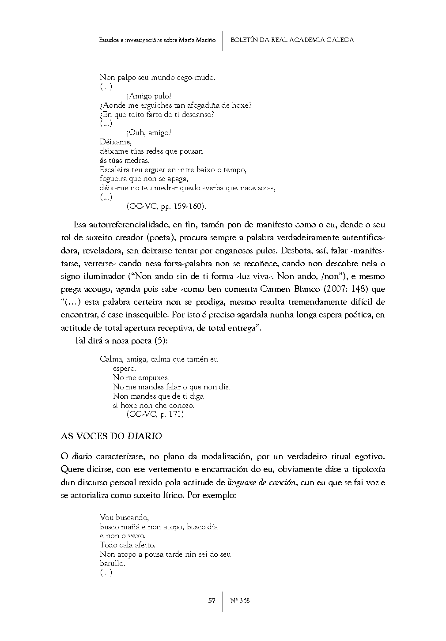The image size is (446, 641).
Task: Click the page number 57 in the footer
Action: (212, 600)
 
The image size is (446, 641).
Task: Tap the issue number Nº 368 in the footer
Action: (240, 600)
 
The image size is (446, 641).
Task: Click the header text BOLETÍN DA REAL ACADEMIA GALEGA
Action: (292, 40)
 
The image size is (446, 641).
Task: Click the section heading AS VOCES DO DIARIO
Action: (111, 436)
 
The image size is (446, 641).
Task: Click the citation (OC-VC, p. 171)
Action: (155, 414)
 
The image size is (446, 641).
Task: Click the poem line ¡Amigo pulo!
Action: (149, 96)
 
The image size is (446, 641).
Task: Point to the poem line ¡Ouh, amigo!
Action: (149, 132)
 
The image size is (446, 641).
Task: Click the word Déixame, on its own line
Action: (116, 142)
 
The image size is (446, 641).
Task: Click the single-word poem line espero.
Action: (124, 368)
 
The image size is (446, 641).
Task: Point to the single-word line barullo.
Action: (113, 563)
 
